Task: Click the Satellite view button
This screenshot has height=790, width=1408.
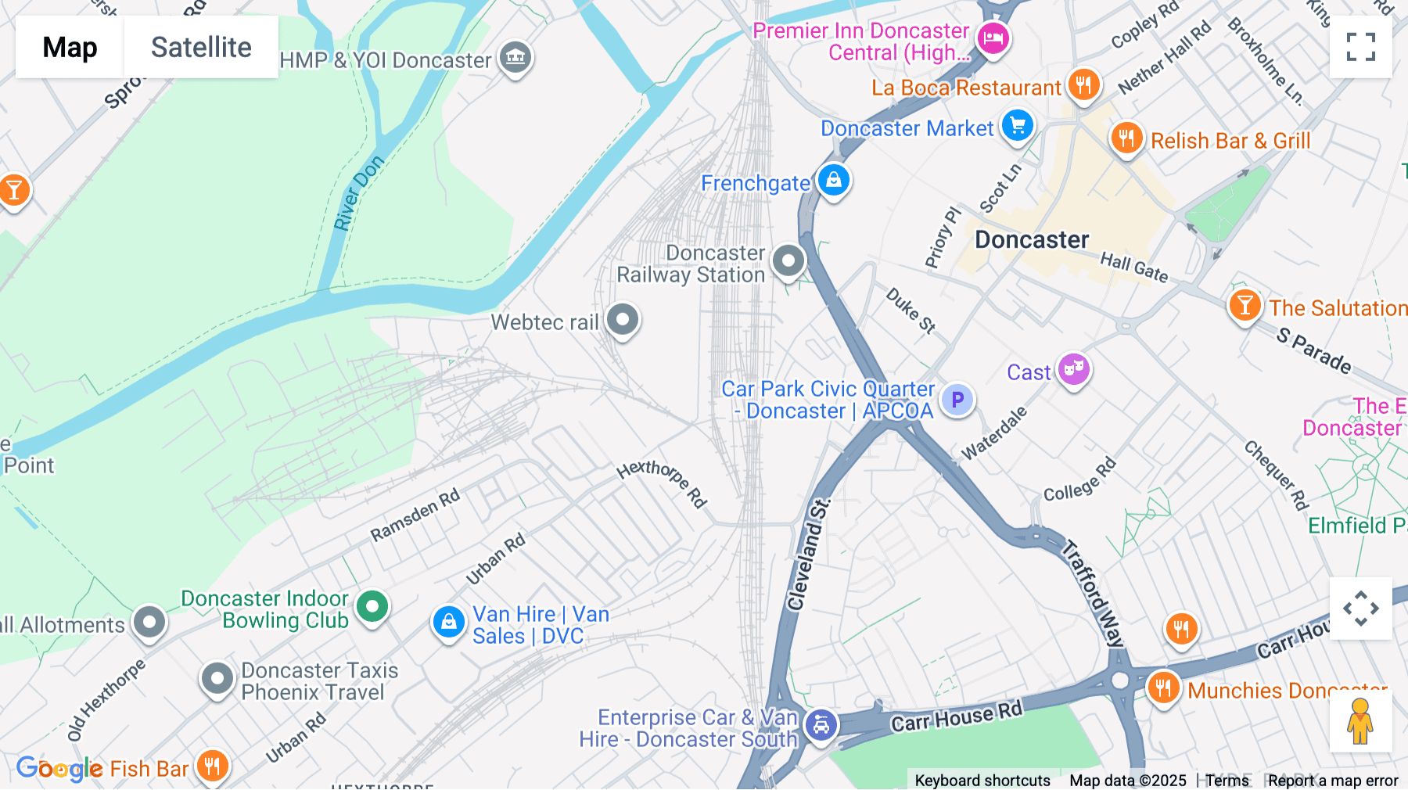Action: coord(201,47)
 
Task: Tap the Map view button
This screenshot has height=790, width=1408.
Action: coord(70,47)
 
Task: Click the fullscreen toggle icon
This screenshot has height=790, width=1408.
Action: coord(1360,47)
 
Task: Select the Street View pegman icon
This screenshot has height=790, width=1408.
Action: coord(1360,721)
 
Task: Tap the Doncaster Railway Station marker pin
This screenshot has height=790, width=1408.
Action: coord(788,260)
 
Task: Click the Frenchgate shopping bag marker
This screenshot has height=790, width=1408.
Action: coord(834,180)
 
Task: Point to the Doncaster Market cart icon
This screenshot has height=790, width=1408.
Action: coord(1018,125)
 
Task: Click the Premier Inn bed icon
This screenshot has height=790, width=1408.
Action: coord(993,38)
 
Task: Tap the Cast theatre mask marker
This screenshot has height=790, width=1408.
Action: coord(1073,368)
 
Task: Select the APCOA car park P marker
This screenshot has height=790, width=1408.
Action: coord(957,400)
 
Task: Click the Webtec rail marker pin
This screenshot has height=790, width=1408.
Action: coord(623,320)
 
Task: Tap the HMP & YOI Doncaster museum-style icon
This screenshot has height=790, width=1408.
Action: coord(515,57)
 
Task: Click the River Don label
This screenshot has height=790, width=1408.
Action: coord(358,193)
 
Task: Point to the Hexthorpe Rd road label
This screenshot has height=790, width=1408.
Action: coord(662,483)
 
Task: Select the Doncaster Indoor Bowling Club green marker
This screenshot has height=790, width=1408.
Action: coord(372,606)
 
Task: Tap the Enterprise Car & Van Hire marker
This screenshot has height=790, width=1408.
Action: coord(821,725)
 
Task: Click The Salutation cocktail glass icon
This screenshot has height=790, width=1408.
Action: coord(1244,305)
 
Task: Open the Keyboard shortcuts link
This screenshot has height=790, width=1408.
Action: coord(982,781)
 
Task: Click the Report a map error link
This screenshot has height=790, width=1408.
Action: coord(1333,781)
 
